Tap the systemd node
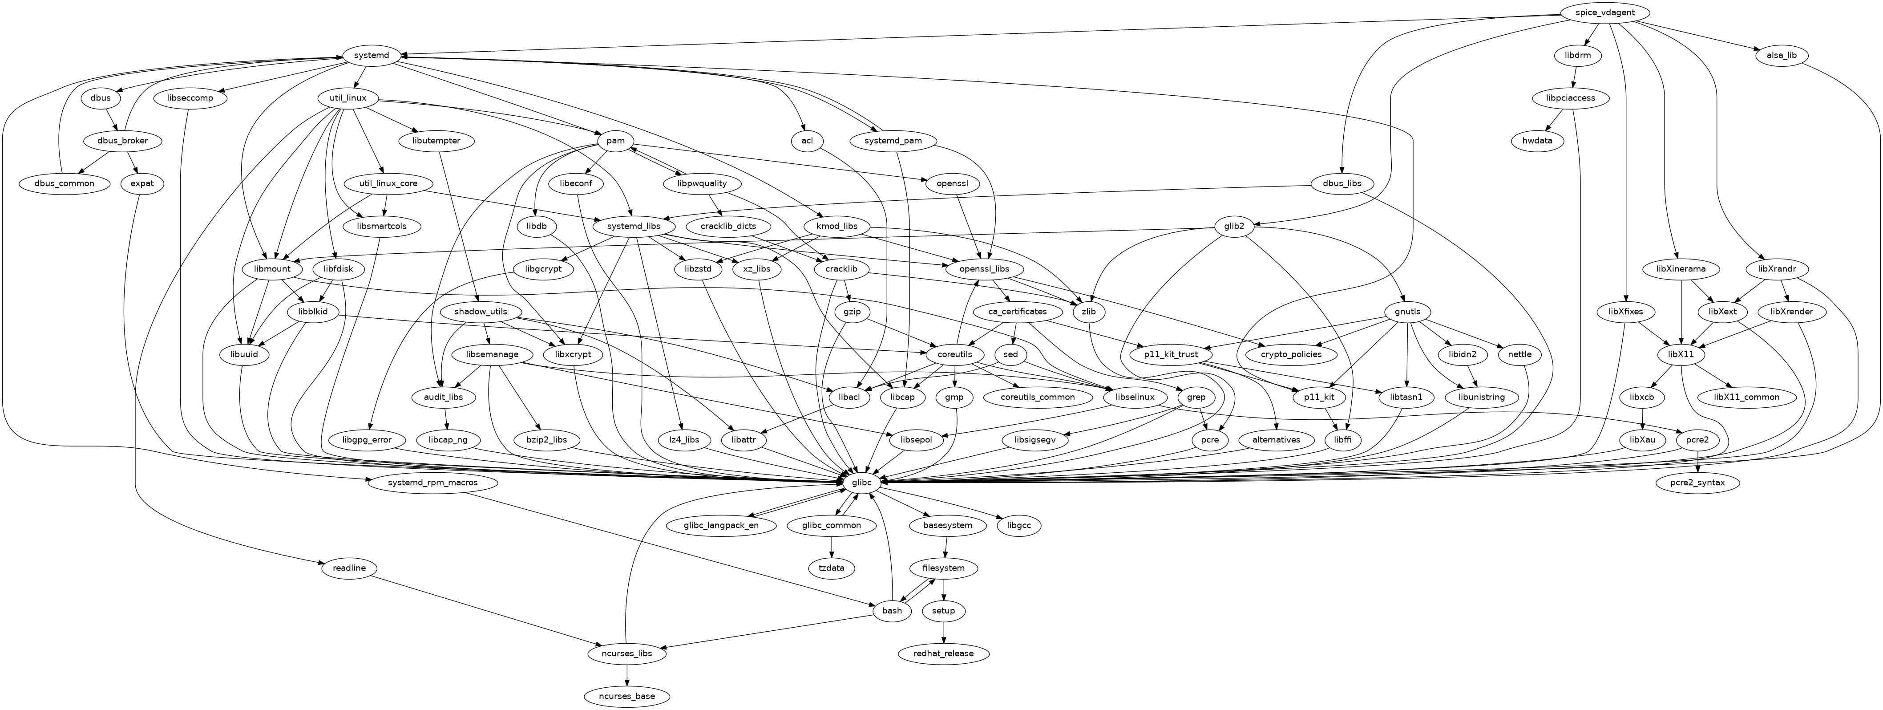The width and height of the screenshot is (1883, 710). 372,56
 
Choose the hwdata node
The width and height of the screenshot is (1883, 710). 1537,140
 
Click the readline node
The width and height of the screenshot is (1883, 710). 349,568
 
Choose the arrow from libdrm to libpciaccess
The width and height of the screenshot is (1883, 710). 1572,77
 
